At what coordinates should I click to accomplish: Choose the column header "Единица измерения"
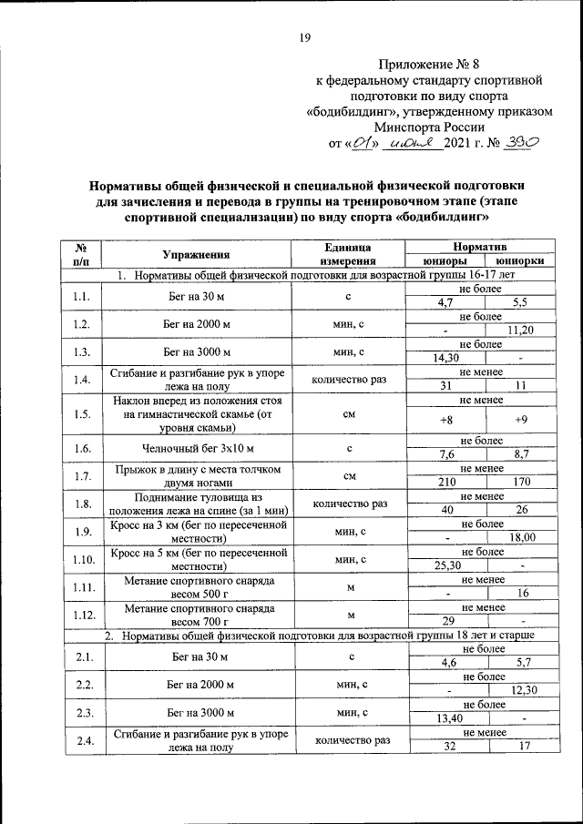347,255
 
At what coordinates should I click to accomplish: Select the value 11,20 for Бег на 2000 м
521,331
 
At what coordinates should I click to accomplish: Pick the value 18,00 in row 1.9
521,538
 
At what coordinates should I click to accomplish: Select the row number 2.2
82,684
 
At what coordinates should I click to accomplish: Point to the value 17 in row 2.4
523,747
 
